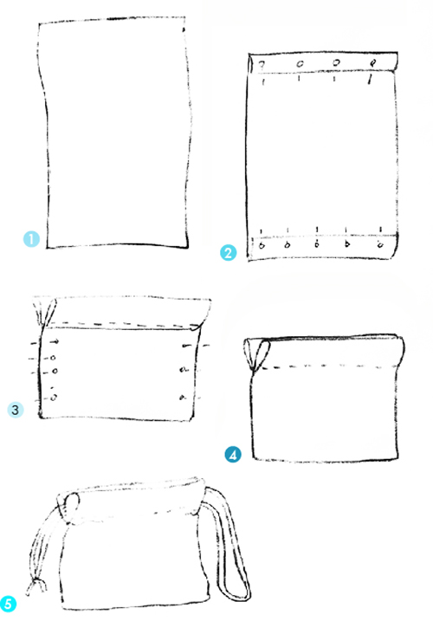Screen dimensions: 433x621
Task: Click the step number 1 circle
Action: (x=31, y=239)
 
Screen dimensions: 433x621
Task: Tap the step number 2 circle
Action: (x=228, y=253)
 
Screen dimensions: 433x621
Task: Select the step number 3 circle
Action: (x=15, y=410)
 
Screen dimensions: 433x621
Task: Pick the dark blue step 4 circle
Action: (x=233, y=454)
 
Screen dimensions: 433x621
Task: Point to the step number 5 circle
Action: (x=8, y=605)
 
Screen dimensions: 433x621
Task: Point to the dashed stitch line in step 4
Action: (x=326, y=367)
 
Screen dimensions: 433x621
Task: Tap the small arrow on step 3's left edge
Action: (x=55, y=341)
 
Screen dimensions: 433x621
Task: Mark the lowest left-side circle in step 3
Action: (x=54, y=397)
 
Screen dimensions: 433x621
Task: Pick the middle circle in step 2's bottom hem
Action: (x=317, y=245)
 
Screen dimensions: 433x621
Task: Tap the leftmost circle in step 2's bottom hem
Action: (x=262, y=246)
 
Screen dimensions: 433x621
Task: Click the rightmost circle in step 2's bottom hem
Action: (x=380, y=245)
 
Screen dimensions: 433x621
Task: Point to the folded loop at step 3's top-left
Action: (x=44, y=313)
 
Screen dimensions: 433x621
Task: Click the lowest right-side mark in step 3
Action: (x=182, y=397)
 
